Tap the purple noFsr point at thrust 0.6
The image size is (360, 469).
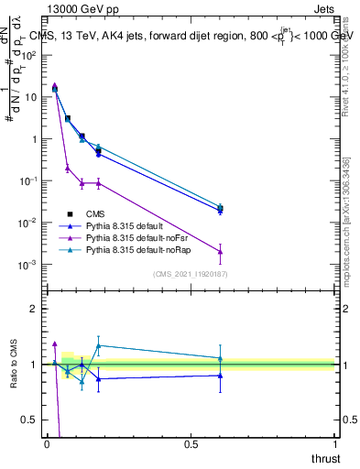coord(220,251)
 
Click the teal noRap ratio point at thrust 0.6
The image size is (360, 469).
coord(220,358)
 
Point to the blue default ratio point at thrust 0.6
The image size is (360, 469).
coord(220,375)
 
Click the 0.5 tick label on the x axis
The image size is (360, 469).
coord(191,443)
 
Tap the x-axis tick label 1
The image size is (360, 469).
coord(334,443)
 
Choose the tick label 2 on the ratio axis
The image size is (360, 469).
coord(37,309)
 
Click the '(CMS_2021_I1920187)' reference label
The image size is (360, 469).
coord(190,274)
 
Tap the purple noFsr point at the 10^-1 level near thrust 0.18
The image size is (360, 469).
coord(99,182)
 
